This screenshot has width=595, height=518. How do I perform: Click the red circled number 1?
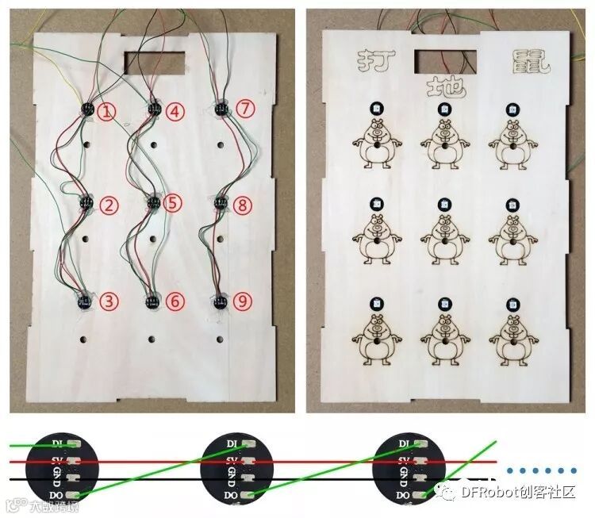click(x=109, y=112)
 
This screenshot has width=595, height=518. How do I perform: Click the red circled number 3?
click(x=109, y=301)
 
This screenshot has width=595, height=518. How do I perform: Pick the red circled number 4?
click(x=175, y=112)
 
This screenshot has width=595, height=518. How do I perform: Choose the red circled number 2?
click(x=109, y=206)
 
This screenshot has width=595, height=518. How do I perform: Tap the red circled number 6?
click(x=175, y=301)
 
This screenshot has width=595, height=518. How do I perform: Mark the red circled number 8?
click(x=244, y=206)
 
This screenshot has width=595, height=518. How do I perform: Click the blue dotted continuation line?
click(x=543, y=470)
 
